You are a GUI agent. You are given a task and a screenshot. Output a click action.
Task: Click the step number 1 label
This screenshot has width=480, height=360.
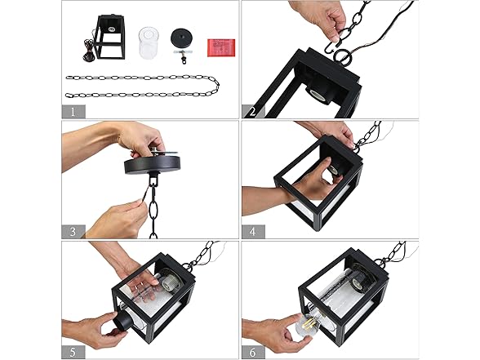(73, 111)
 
